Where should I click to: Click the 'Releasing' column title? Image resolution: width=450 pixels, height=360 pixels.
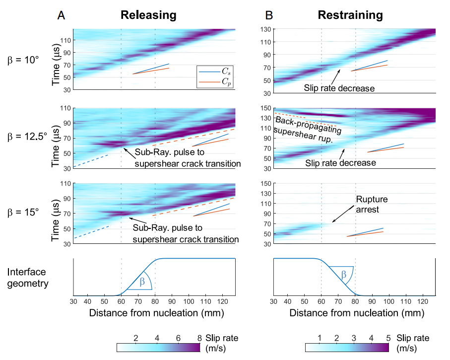coord(148,15)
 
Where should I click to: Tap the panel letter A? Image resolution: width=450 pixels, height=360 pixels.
coord(62,15)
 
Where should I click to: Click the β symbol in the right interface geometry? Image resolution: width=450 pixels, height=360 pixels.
coord(343,273)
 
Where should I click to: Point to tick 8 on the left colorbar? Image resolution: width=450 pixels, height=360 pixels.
coord(199,338)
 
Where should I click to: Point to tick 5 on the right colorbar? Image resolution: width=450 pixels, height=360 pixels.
coord(388,338)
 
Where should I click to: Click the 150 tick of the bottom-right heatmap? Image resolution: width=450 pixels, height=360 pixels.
coord(265,184)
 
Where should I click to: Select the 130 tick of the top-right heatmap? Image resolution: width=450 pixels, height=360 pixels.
coord(265,29)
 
